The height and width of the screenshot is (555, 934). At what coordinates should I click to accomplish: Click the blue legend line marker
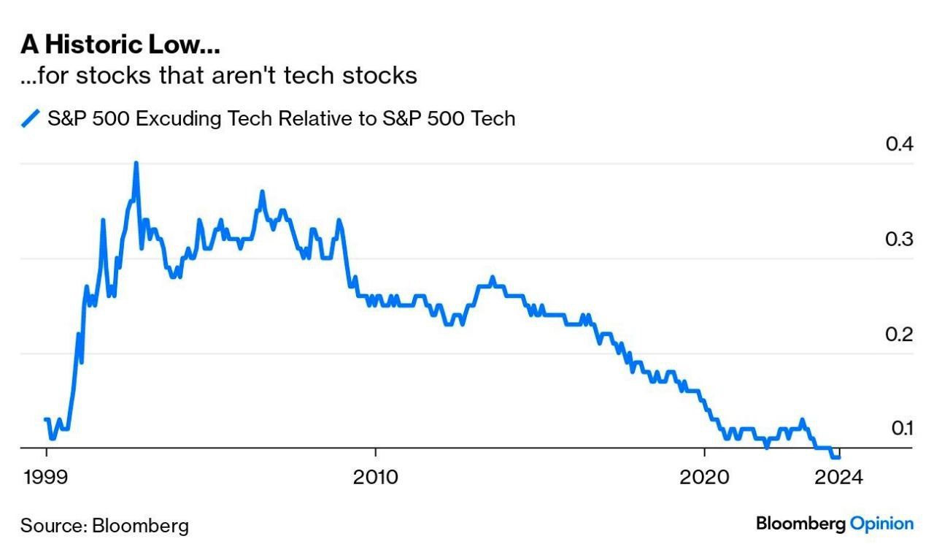[30, 118]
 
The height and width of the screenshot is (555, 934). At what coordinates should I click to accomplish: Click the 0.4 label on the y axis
[900, 144]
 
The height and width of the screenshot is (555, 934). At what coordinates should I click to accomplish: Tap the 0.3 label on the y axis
[900, 239]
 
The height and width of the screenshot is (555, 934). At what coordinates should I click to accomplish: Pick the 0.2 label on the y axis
[900, 334]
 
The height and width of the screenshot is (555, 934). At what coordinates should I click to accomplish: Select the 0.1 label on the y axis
[901, 428]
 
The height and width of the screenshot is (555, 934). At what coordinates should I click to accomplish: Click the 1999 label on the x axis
[46, 478]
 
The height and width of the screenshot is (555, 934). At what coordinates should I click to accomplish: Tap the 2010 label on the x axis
[375, 478]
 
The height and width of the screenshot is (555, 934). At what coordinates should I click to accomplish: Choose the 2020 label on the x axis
[704, 478]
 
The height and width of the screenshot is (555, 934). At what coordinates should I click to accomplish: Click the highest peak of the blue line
[136, 163]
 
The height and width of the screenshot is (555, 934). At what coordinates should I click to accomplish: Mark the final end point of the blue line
[839, 457]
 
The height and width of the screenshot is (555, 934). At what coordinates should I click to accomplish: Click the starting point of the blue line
[45, 419]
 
